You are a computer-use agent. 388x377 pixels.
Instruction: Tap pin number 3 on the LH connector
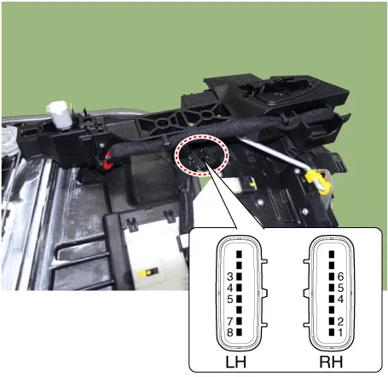click(231, 277)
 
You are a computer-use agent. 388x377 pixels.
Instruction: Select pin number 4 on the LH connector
click(231, 288)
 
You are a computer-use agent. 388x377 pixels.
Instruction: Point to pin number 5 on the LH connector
click(231, 298)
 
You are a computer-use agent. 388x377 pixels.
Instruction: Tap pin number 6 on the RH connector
click(340, 277)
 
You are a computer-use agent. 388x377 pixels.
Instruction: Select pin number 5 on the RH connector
click(340, 288)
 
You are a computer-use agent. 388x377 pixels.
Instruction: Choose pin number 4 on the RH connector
click(340, 299)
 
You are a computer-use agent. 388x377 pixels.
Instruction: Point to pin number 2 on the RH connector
click(340, 321)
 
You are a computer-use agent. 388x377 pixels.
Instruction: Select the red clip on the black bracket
click(108, 157)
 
